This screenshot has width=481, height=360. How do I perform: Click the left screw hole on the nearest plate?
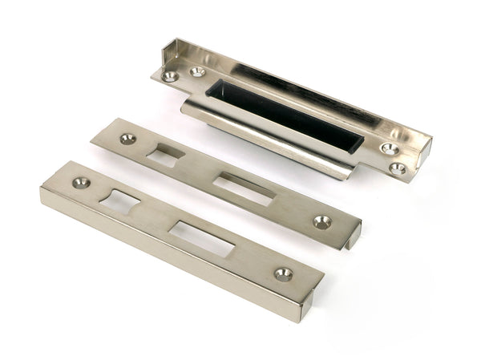79,183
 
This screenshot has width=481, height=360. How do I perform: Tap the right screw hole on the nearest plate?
283,273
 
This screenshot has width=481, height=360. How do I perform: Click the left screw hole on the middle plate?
127,139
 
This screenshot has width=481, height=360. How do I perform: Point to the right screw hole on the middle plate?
322,221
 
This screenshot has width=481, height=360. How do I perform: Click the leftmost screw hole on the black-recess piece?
171,77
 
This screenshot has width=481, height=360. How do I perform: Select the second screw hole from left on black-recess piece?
197,72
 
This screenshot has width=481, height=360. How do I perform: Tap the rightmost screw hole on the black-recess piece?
398,168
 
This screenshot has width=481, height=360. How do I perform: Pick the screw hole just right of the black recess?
390,148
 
